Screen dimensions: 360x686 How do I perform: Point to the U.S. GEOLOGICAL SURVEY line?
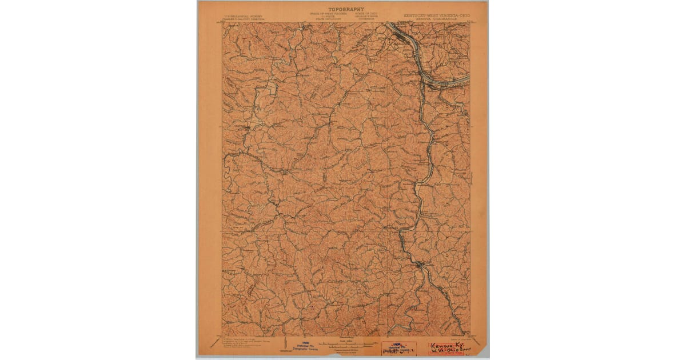[241, 16]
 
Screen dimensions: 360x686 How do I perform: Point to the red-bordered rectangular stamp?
[398, 349]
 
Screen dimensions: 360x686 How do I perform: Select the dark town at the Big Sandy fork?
[421, 264]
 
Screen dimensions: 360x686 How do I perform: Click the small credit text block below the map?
[240, 345]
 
